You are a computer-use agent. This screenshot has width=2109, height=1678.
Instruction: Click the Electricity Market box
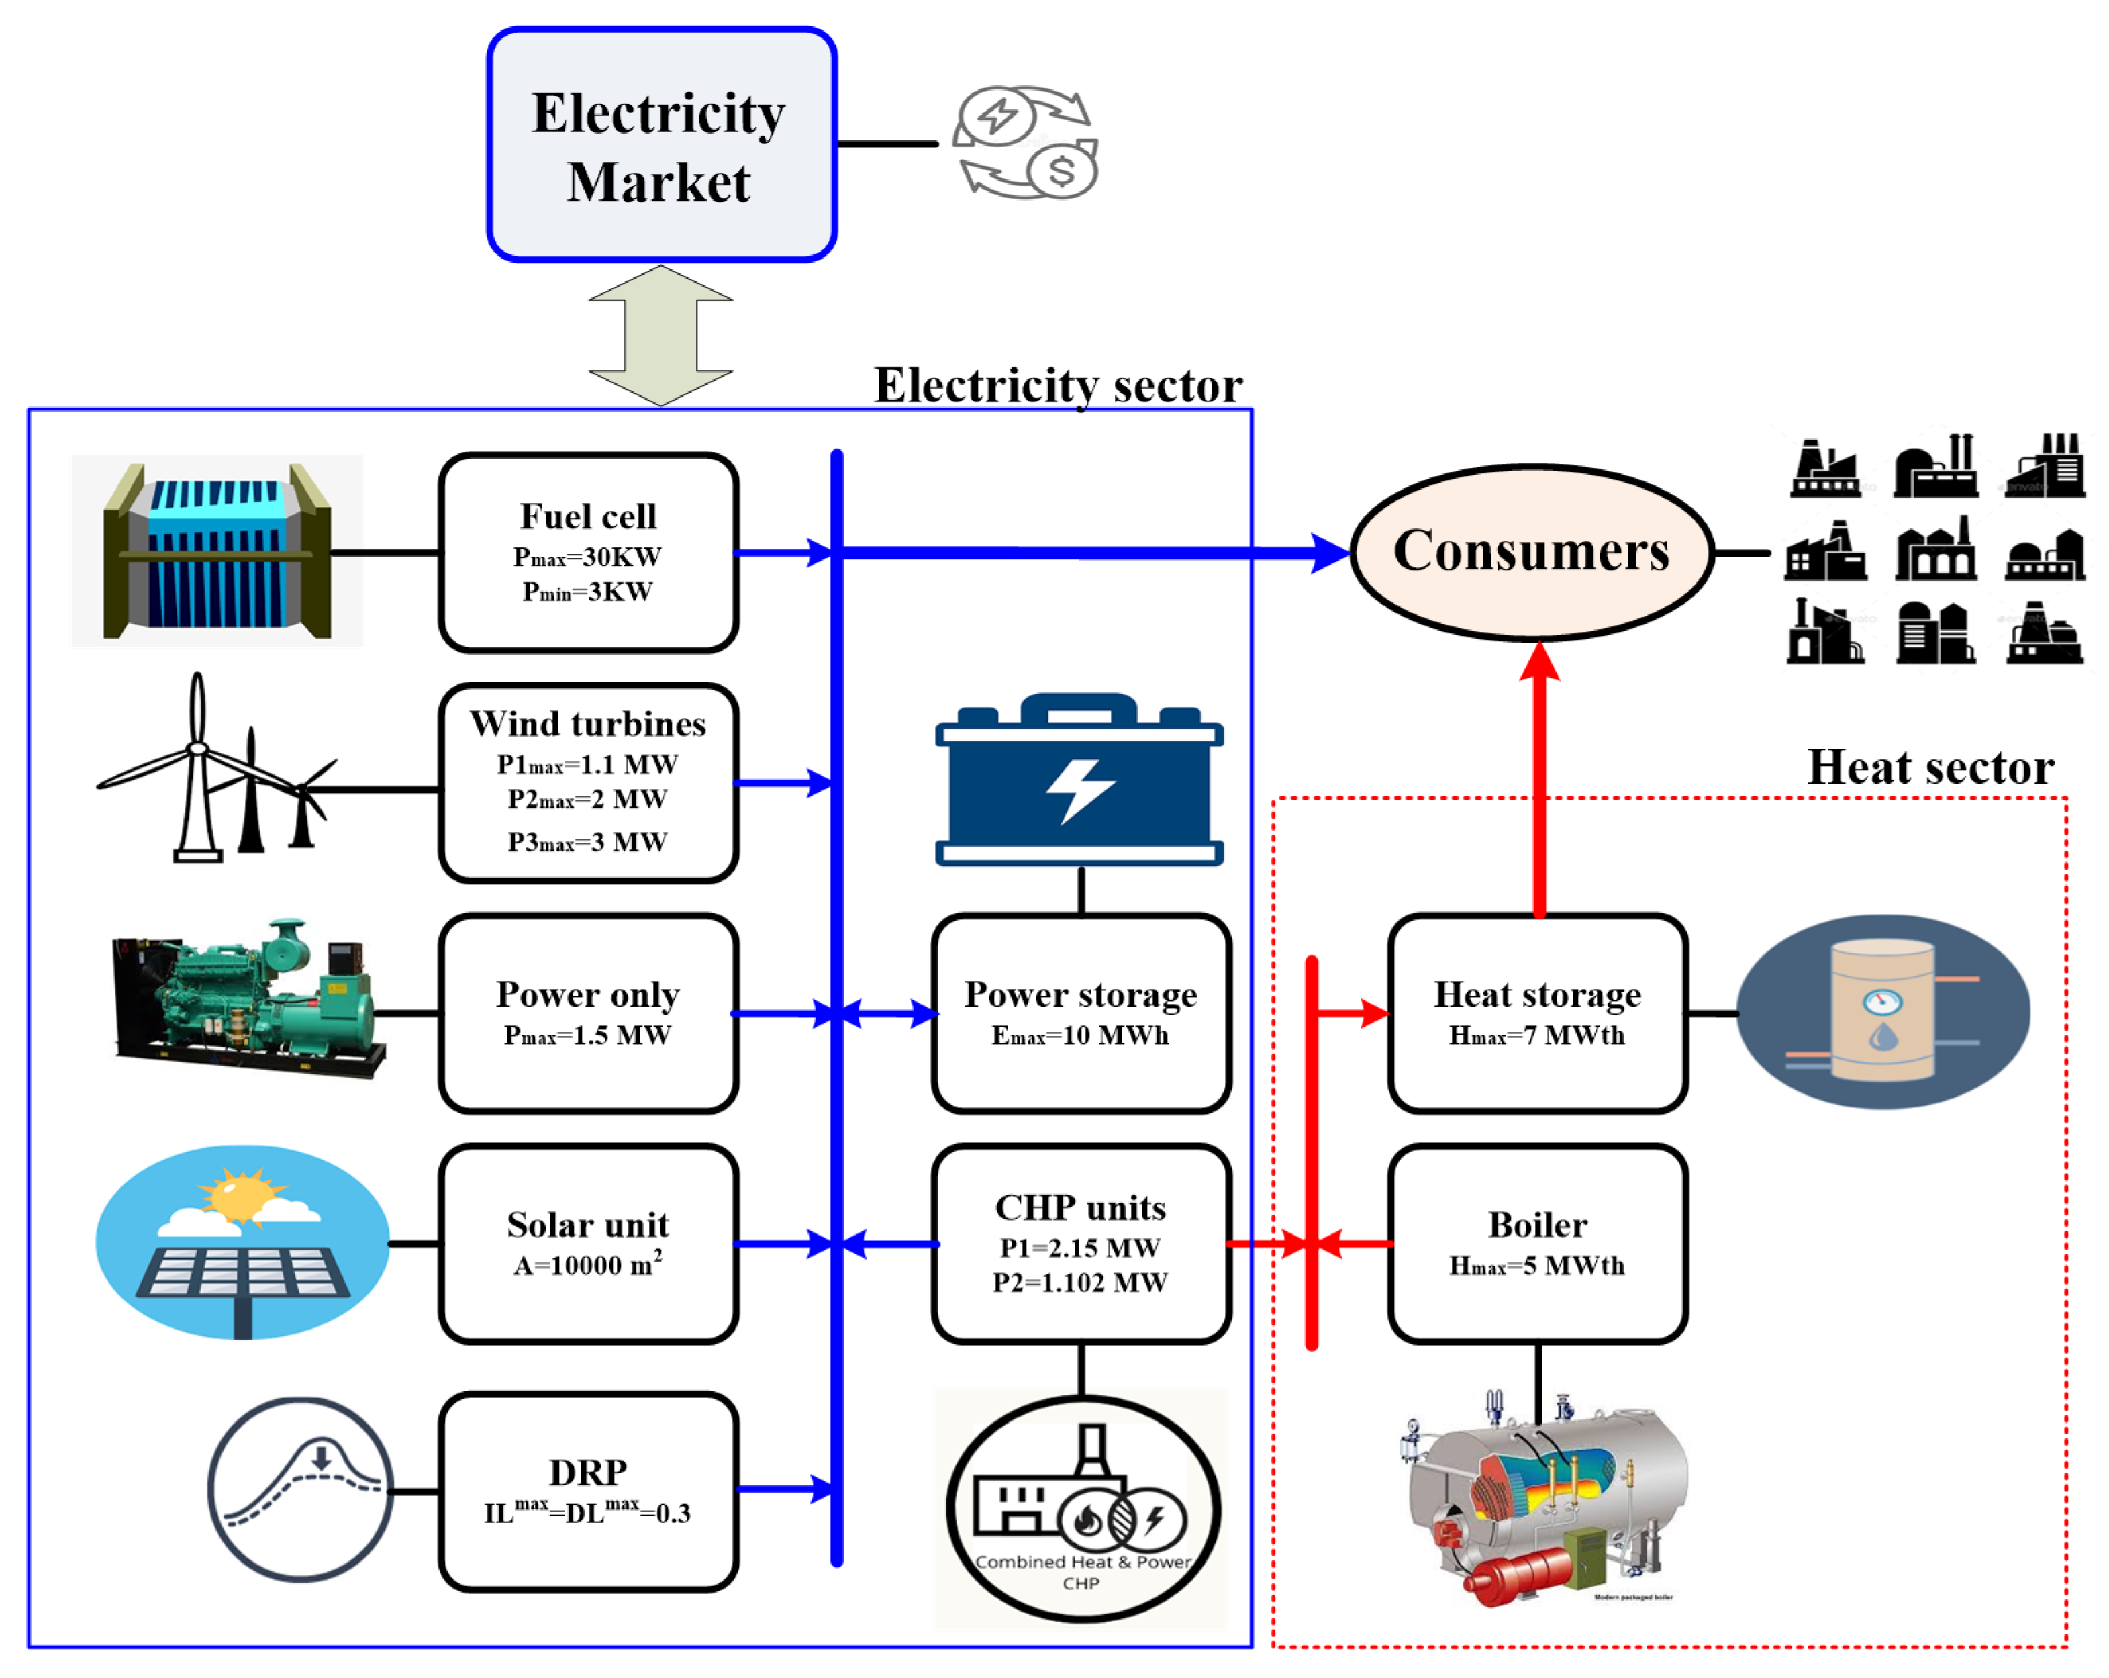[661, 145]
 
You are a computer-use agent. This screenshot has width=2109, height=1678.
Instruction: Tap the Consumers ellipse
[1531, 552]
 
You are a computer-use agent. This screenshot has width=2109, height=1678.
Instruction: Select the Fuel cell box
[588, 552]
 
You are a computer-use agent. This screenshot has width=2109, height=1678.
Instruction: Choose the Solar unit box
[588, 1244]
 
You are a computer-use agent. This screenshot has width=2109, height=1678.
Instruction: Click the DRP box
[588, 1491]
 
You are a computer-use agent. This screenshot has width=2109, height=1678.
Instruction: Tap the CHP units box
[1080, 1244]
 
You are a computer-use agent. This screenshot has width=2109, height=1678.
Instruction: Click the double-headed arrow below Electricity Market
[660, 336]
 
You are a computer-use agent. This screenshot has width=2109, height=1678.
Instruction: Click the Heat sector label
[1930, 767]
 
